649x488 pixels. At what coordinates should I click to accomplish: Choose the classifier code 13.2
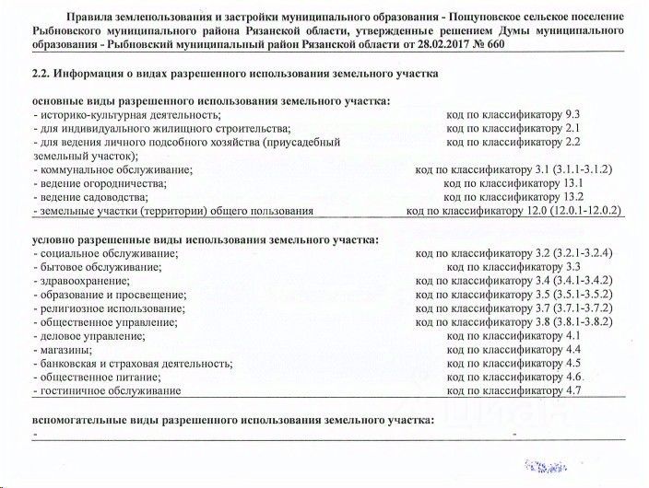coord(572,197)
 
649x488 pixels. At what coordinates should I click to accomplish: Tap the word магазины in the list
coord(65,351)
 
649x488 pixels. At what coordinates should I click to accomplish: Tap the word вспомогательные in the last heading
coord(79,420)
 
